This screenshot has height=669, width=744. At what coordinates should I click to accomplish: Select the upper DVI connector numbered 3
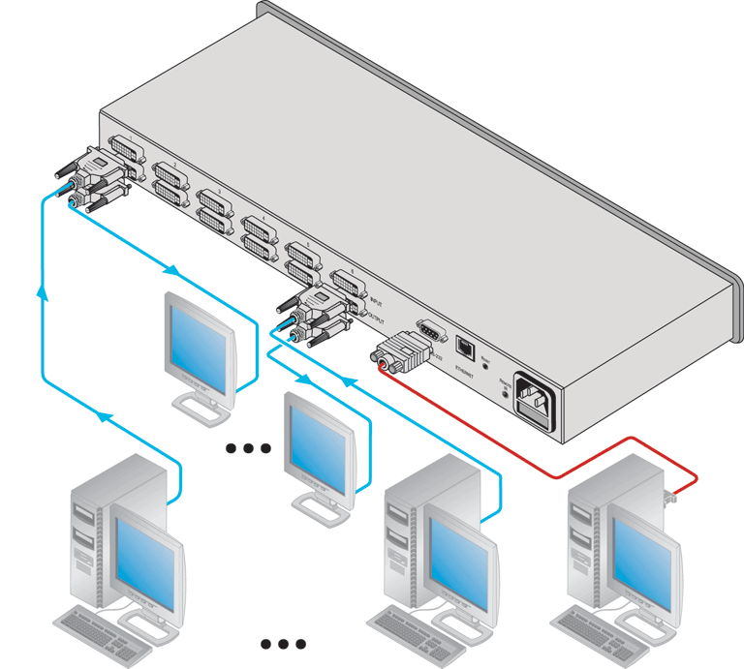click(x=215, y=199)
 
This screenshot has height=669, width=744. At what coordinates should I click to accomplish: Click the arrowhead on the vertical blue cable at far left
click(x=42, y=290)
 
